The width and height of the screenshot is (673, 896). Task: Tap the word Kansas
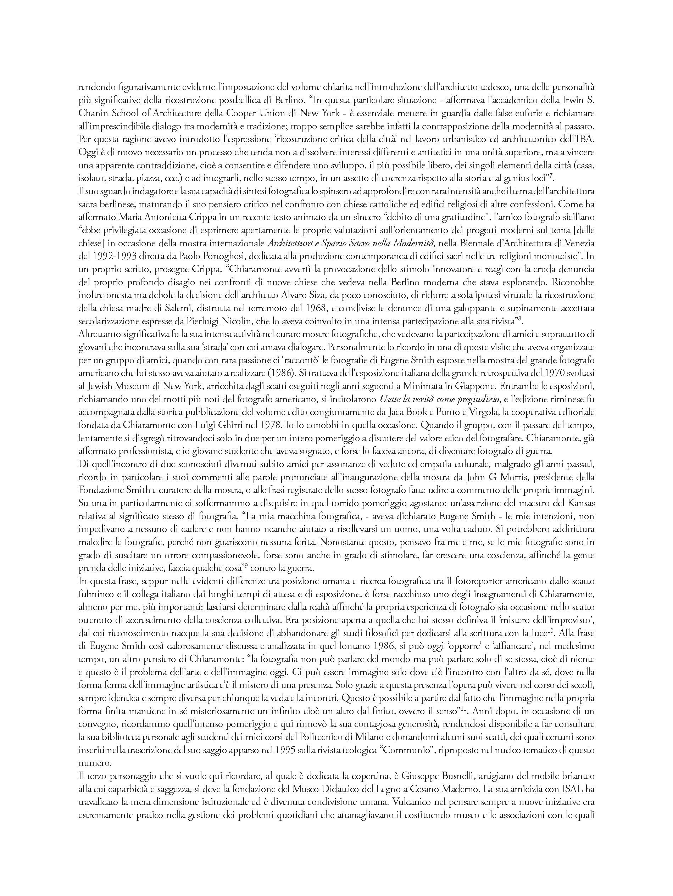click(579, 503)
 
